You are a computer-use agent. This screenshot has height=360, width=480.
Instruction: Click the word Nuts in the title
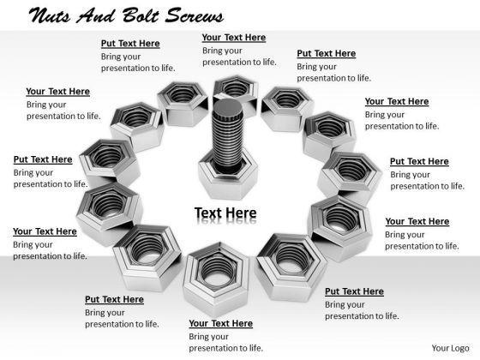(50, 15)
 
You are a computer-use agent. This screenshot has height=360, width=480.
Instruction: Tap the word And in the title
(95, 15)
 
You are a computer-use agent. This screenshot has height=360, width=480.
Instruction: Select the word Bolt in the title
(141, 15)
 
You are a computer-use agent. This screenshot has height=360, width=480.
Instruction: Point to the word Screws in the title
(195, 15)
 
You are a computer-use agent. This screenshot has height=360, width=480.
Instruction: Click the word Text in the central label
(208, 213)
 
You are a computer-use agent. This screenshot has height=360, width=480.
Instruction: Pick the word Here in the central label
(242, 213)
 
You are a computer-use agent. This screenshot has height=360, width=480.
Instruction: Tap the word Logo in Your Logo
(459, 348)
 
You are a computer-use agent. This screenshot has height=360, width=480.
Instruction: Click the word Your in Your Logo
(439, 348)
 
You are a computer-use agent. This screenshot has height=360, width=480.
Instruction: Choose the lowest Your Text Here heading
(221, 323)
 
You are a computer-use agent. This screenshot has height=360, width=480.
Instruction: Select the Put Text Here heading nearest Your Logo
(354, 291)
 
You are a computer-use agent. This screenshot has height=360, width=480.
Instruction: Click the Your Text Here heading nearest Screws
(234, 38)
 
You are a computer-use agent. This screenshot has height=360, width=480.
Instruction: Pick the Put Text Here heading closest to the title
(130, 44)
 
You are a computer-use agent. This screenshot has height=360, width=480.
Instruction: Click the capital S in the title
(174, 15)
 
